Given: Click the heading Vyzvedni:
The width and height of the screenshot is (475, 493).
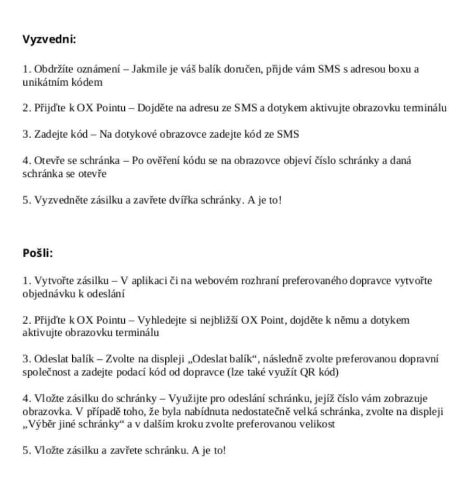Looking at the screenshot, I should (49, 39).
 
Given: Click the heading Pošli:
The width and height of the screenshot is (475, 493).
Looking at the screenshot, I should (38, 253).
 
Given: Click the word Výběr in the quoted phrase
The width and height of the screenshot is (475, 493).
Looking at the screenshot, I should (41, 424).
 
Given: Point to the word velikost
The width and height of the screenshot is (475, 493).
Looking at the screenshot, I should (316, 424).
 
